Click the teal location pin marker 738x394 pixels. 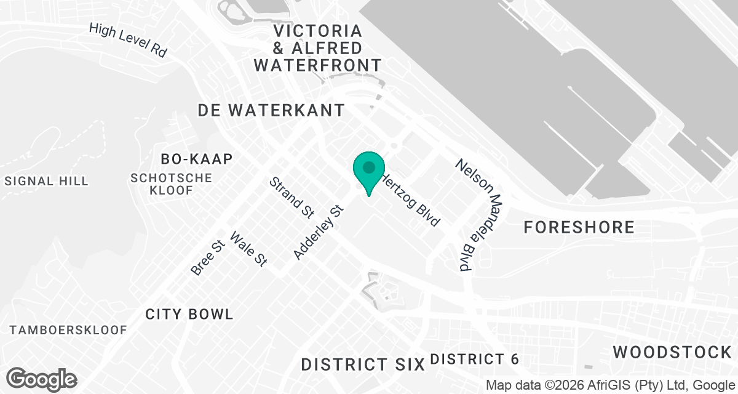(369, 169)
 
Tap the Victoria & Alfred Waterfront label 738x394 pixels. (318, 47)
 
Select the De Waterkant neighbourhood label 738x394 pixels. (271, 110)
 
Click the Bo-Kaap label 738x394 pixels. (197, 159)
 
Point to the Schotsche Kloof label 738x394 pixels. (172, 184)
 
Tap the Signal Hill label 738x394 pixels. (47, 181)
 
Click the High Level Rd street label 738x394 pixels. (128, 40)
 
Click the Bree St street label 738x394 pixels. (206, 258)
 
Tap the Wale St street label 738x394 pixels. (248, 249)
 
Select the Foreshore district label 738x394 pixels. (579, 227)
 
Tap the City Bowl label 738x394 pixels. (189, 314)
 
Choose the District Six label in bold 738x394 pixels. (363, 364)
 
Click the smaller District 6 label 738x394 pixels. (475, 359)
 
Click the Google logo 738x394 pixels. (41, 379)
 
